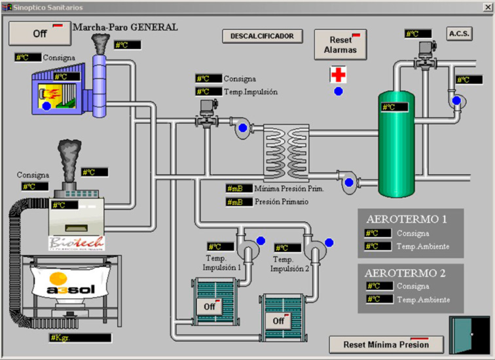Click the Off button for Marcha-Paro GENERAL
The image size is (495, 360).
[36, 33]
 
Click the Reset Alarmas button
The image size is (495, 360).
[340, 45]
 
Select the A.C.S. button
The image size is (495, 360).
[460, 33]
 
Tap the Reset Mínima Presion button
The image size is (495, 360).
[386, 344]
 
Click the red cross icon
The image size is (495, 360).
[338, 74]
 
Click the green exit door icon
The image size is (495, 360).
[469, 335]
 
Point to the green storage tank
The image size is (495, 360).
[397, 151]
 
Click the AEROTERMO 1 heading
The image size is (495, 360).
[407, 219]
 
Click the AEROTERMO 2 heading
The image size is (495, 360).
[407, 272]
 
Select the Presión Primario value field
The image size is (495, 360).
[238, 202]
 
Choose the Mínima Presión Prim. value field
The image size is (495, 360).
[238, 189]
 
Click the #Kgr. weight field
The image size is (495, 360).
[80, 338]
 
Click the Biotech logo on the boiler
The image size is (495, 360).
[75, 243]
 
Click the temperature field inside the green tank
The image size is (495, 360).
[395, 107]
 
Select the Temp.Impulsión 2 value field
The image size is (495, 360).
[287, 248]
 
